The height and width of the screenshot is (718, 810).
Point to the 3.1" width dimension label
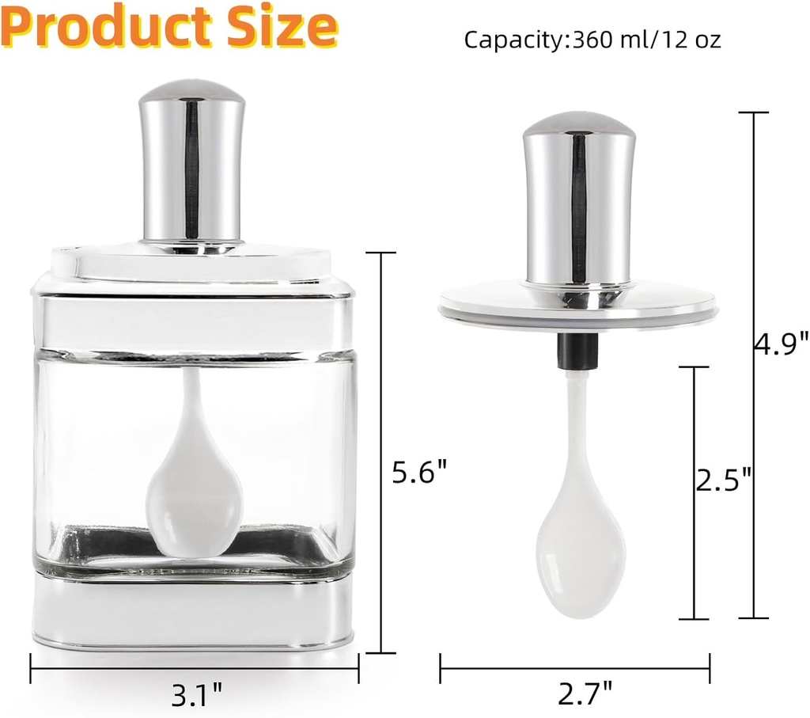[x=197, y=696]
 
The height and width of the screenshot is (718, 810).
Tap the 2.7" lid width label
[x=585, y=696]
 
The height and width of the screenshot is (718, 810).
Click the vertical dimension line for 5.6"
[x=383, y=451]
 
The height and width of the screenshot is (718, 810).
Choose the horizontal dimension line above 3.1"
[x=195, y=663]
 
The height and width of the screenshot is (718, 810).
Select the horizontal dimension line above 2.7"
[x=575, y=665]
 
